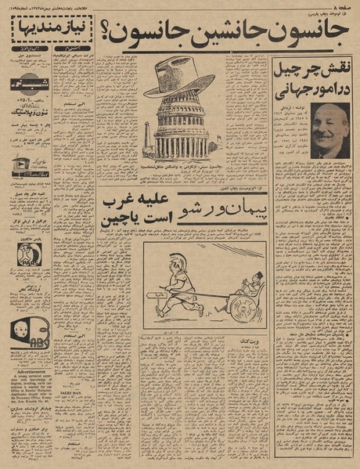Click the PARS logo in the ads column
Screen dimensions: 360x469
(x=30, y=253)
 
